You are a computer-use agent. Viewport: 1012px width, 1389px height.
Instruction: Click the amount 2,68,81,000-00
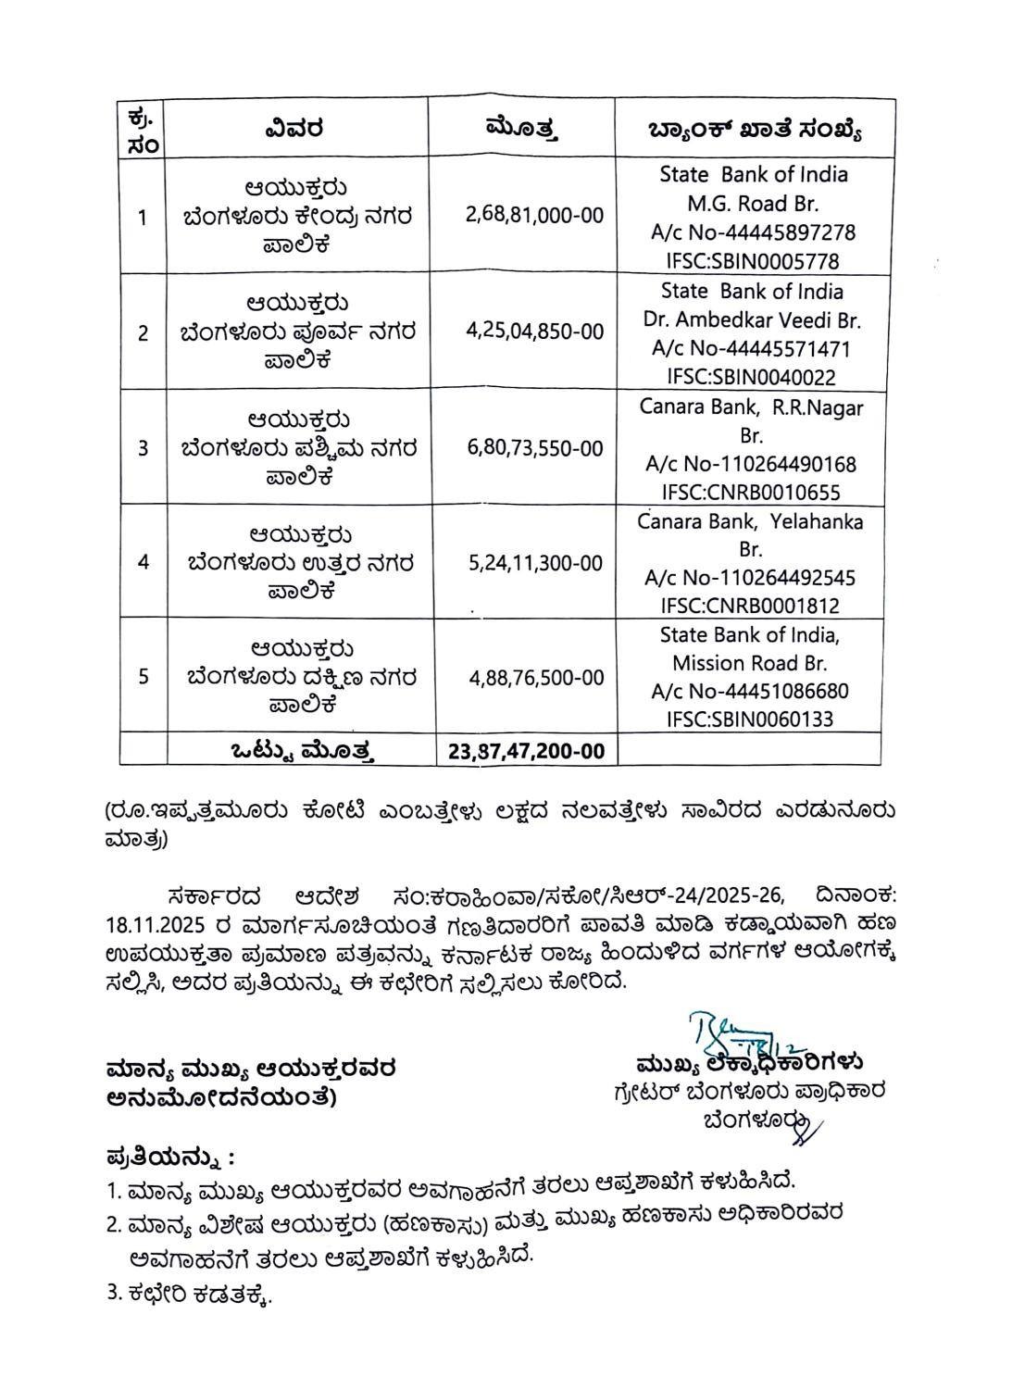pyautogui.click(x=534, y=216)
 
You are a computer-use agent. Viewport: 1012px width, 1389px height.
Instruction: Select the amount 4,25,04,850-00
pyautogui.click(x=534, y=332)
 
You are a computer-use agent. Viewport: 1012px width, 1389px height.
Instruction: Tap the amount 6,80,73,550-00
pyautogui.click(x=535, y=448)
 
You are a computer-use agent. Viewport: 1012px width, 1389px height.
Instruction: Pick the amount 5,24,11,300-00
pyautogui.click(x=535, y=563)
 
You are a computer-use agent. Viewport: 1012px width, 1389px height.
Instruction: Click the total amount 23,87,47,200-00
pyautogui.click(x=527, y=751)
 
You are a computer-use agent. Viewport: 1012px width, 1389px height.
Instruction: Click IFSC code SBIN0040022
pyautogui.click(x=751, y=377)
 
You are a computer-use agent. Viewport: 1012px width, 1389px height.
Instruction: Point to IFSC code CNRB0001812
pyautogui.click(x=751, y=607)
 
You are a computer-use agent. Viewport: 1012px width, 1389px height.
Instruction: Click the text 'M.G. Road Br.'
pyautogui.click(x=752, y=204)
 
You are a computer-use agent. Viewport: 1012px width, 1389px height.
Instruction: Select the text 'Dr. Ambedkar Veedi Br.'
pyautogui.click(x=752, y=320)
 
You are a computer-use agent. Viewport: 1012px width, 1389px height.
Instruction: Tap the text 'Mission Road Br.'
pyautogui.click(x=750, y=663)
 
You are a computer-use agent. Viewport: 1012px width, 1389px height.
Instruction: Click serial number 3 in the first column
pyautogui.click(x=143, y=448)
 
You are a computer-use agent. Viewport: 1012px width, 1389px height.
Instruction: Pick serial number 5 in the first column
pyautogui.click(x=143, y=677)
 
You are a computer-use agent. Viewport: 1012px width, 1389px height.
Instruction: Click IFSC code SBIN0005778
pyautogui.click(x=751, y=261)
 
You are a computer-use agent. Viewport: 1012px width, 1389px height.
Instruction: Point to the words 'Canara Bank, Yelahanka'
pyautogui.click(x=750, y=522)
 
